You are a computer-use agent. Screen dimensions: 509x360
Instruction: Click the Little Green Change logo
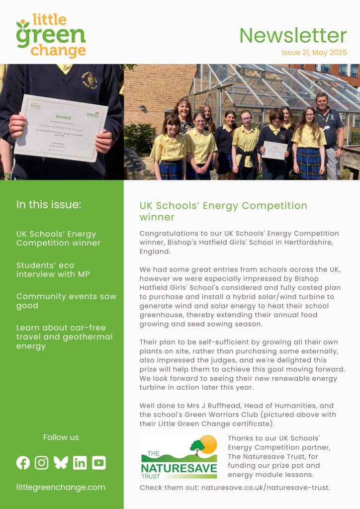51,36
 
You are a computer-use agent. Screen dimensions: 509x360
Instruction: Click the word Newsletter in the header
293,35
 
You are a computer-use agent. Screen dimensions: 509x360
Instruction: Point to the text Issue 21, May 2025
314,52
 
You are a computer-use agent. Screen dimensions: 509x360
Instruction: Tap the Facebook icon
23,463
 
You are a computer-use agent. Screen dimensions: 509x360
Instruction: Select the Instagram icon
42,463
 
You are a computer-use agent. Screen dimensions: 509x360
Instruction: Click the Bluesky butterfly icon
61,463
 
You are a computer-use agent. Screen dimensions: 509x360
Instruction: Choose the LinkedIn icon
80,463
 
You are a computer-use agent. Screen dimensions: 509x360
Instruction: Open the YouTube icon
98,463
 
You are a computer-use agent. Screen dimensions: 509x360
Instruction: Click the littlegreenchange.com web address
61,487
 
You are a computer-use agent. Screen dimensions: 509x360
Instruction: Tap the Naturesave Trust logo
179,457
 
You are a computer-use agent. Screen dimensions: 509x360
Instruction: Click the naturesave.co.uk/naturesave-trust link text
266,488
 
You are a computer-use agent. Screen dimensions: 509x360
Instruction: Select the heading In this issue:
48,205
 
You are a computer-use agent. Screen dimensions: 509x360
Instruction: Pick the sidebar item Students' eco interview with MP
53,269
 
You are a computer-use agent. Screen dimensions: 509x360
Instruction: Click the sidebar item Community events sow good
66,301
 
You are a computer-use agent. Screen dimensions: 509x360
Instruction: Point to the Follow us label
61,437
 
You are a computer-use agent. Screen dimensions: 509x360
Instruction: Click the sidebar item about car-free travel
64,337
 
